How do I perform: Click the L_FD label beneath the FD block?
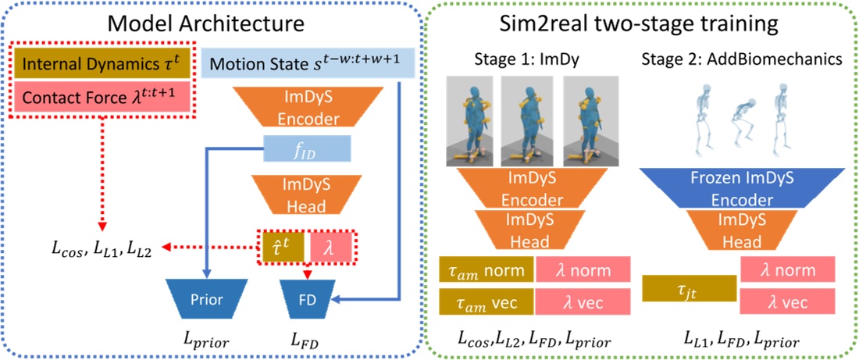(307, 341)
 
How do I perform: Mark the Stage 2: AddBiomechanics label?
(740, 58)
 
